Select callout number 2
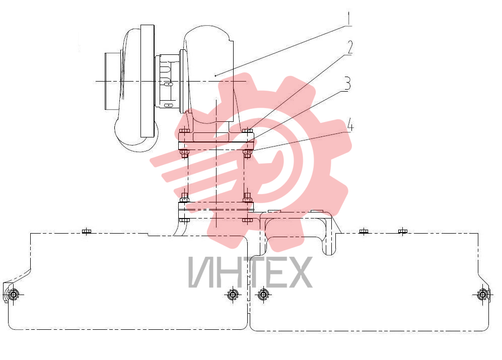point(349,47)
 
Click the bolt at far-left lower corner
point(14,295)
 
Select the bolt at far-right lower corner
point(482,295)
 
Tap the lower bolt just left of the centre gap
point(233,295)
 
